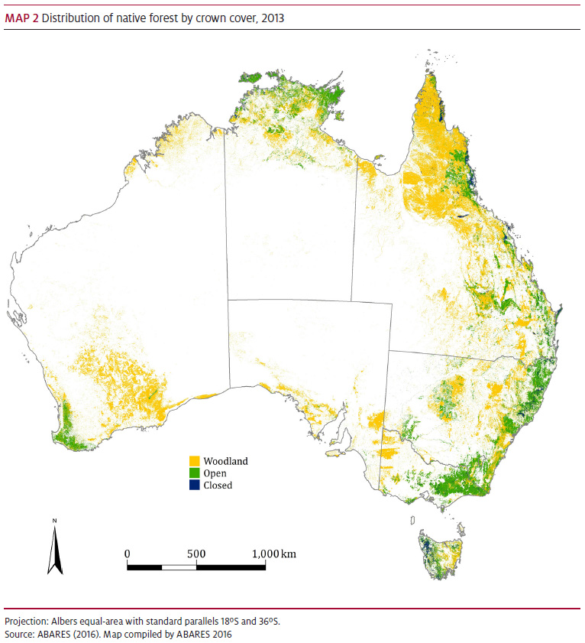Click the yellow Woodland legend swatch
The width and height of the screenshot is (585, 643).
[x=195, y=461]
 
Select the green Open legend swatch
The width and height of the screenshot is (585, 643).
[x=195, y=473]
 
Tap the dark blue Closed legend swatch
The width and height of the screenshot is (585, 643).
[x=195, y=485]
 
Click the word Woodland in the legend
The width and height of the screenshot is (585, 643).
[x=226, y=461]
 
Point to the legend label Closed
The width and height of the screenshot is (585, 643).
[x=218, y=485]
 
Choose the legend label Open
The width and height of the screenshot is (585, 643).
[x=215, y=473]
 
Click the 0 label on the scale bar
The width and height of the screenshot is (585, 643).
[x=127, y=554]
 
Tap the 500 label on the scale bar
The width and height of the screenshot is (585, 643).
[x=196, y=554]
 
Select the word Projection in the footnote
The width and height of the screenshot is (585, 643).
[x=24, y=620]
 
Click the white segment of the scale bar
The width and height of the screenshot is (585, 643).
[x=179, y=567]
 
